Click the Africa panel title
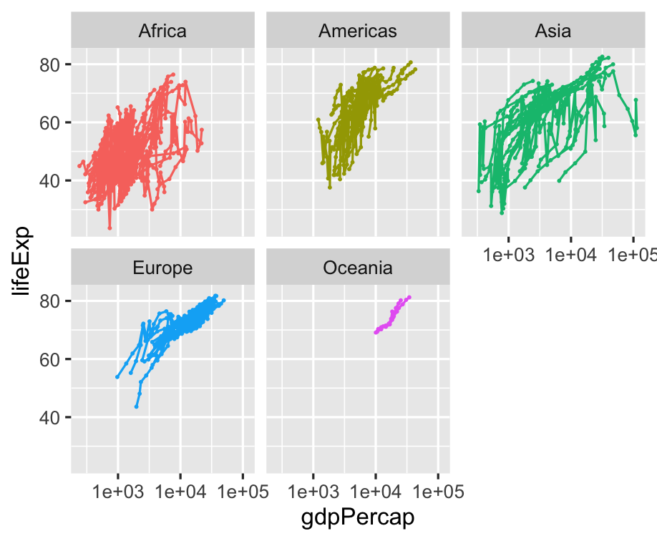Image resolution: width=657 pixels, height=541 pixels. pos(162,31)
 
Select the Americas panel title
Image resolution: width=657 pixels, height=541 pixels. pos(358,31)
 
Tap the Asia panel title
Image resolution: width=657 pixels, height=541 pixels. pos(553,31)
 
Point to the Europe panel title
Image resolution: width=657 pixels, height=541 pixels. pos(162,268)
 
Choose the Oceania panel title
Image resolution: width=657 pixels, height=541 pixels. pos(358,268)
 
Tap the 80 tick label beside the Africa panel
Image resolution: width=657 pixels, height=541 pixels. pos(50,65)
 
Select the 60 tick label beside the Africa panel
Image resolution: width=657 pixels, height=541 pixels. pos(50,123)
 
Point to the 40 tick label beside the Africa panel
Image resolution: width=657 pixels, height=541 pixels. pos(50,181)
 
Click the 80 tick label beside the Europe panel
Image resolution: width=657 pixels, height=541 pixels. pos(50,301)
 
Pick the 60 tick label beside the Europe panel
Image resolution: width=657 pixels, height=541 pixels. pos(50,359)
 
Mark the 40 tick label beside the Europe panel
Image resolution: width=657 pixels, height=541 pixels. pos(50,417)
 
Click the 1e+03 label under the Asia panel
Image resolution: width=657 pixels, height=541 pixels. pos(508,255)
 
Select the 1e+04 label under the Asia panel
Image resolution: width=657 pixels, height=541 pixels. pos(570,255)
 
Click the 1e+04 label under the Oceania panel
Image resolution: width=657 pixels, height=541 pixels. pos(375,492)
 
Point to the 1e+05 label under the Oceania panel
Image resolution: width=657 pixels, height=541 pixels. pos(437,492)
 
